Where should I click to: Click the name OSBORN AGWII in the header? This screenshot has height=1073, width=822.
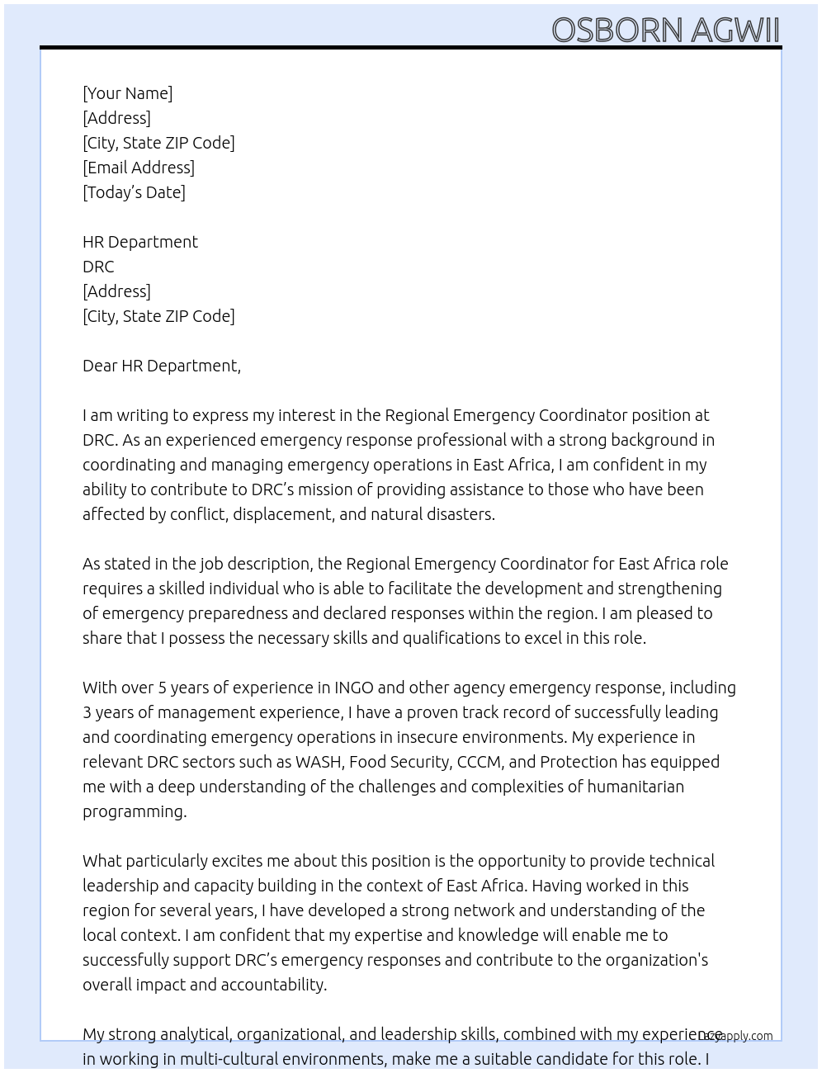pyautogui.click(x=665, y=30)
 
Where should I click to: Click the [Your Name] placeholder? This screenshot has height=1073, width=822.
pyautogui.click(x=128, y=93)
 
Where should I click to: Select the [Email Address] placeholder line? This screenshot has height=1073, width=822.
pyautogui.click(x=139, y=168)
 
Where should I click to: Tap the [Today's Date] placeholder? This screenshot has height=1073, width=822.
pyautogui.click(x=134, y=192)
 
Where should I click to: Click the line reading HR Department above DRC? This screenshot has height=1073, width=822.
pyautogui.click(x=140, y=242)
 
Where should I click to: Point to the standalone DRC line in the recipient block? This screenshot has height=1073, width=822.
pyautogui.click(x=98, y=267)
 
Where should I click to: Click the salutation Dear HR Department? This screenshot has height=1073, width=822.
pyautogui.click(x=162, y=366)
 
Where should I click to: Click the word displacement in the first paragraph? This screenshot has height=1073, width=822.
pyautogui.click(x=281, y=514)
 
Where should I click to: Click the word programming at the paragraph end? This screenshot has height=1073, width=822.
pyautogui.click(x=134, y=811)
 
